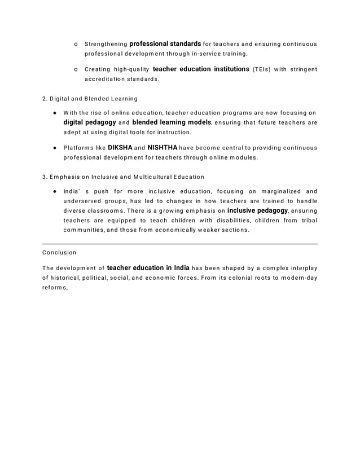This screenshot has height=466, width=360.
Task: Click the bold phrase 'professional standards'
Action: pos(165,43)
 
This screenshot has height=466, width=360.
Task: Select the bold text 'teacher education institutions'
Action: pos(201,69)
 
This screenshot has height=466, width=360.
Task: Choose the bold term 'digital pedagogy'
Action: pos(90,122)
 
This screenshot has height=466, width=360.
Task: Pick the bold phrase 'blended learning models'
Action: pos(172,122)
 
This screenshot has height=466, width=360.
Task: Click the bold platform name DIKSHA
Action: pos(119,148)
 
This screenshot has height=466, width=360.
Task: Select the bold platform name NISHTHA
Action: pos(163,148)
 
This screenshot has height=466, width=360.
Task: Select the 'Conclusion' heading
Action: pos(59,252)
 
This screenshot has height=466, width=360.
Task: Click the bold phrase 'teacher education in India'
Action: pos(148,267)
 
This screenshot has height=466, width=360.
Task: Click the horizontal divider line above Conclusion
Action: pos(180,244)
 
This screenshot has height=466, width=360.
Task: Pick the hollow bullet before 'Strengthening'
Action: pos(76,44)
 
